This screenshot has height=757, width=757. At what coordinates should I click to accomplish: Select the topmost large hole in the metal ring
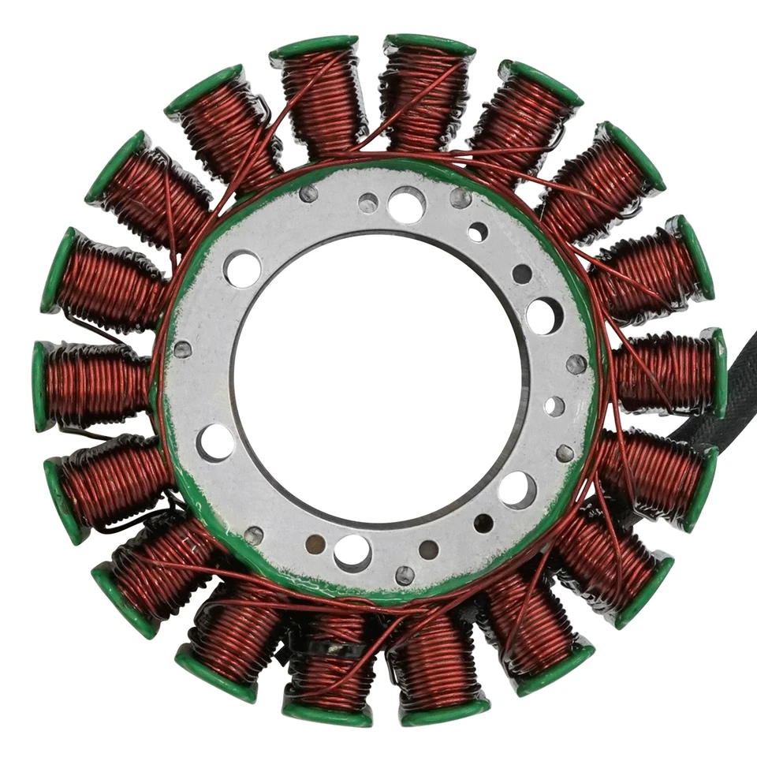pos(407,205)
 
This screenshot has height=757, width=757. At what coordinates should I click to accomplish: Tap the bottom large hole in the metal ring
pos(352,553)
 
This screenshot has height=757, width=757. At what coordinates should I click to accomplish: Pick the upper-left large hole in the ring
pos(243,269)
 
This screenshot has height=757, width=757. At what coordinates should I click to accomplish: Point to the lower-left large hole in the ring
pos(216,442)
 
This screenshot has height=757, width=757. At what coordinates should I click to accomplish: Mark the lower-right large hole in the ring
pos(517,490)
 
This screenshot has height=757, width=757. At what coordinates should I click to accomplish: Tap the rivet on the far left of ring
pos(182,349)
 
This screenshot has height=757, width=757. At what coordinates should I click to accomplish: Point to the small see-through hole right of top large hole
pos(477,232)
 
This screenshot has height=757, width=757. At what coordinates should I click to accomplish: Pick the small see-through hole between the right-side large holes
pos(554,406)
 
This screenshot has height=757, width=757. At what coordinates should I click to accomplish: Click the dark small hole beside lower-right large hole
pos(483,523)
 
